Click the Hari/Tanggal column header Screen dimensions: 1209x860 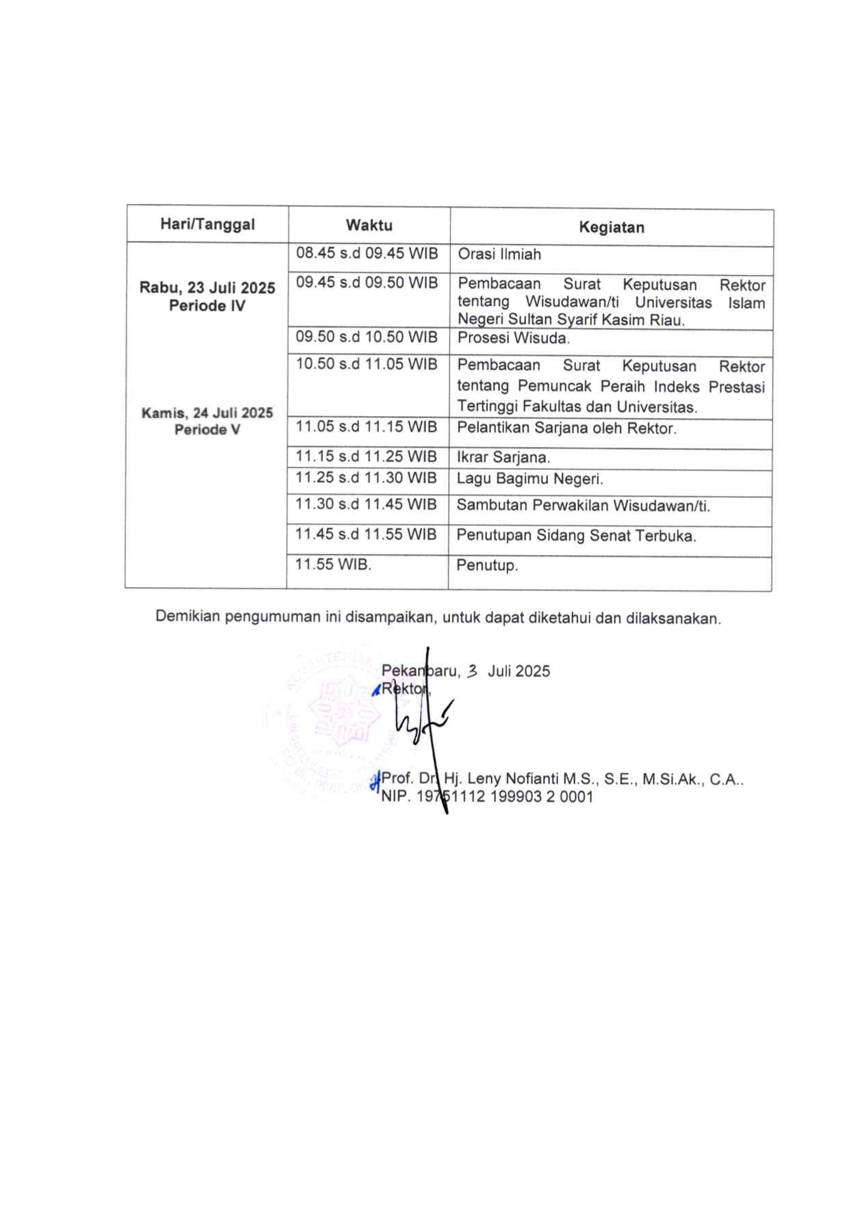(x=207, y=224)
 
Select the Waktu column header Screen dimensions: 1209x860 (x=369, y=225)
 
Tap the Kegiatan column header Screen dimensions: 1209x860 (x=612, y=227)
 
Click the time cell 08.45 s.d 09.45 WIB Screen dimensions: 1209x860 (x=367, y=253)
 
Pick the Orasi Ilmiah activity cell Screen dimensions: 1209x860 (x=499, y=255)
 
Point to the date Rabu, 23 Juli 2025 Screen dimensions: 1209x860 (x=207, y=287)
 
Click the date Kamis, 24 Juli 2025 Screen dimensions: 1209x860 (x=207, y=413)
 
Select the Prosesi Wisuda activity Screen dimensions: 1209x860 (x=513, y=338)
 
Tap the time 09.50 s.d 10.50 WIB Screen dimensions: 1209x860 (x=367, y=337)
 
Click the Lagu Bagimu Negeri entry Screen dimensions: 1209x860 (x=530, y=479)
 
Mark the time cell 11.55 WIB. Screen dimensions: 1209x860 (x=333, y=564)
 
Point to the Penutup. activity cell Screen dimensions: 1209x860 (x=487, y=566)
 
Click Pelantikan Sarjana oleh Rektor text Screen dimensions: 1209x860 (x=566, y=429)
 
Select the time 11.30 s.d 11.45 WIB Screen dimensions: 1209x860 (x=366, y=504)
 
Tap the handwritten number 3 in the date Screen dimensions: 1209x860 (x=472, y=671)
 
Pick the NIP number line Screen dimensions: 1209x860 (x=487, y=796)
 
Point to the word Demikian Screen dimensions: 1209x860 (x=187, y=616)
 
